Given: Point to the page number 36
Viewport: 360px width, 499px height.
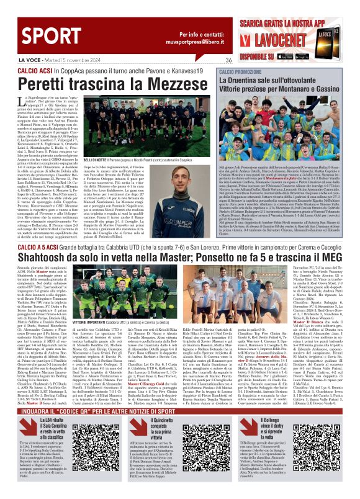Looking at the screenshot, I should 228,60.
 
